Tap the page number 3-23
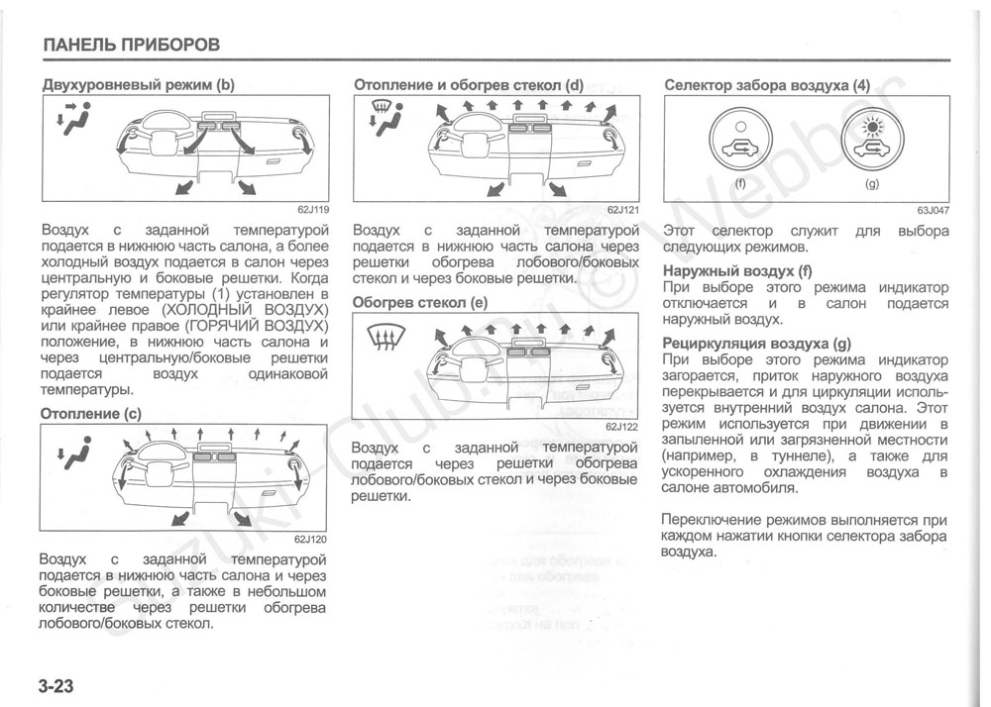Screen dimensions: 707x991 59,686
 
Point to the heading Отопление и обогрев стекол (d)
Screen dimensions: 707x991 469,85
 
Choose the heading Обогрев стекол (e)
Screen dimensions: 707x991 420,303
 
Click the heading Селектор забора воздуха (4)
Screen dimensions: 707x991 766,85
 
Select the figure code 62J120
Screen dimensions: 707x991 310,539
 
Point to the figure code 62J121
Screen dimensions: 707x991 622,210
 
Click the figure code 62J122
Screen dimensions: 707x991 621,427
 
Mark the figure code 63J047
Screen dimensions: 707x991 933,210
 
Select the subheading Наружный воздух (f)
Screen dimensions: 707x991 737,270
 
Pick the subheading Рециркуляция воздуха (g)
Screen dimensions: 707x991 756,344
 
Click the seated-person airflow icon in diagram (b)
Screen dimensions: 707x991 75,118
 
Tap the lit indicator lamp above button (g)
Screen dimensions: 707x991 872,127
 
